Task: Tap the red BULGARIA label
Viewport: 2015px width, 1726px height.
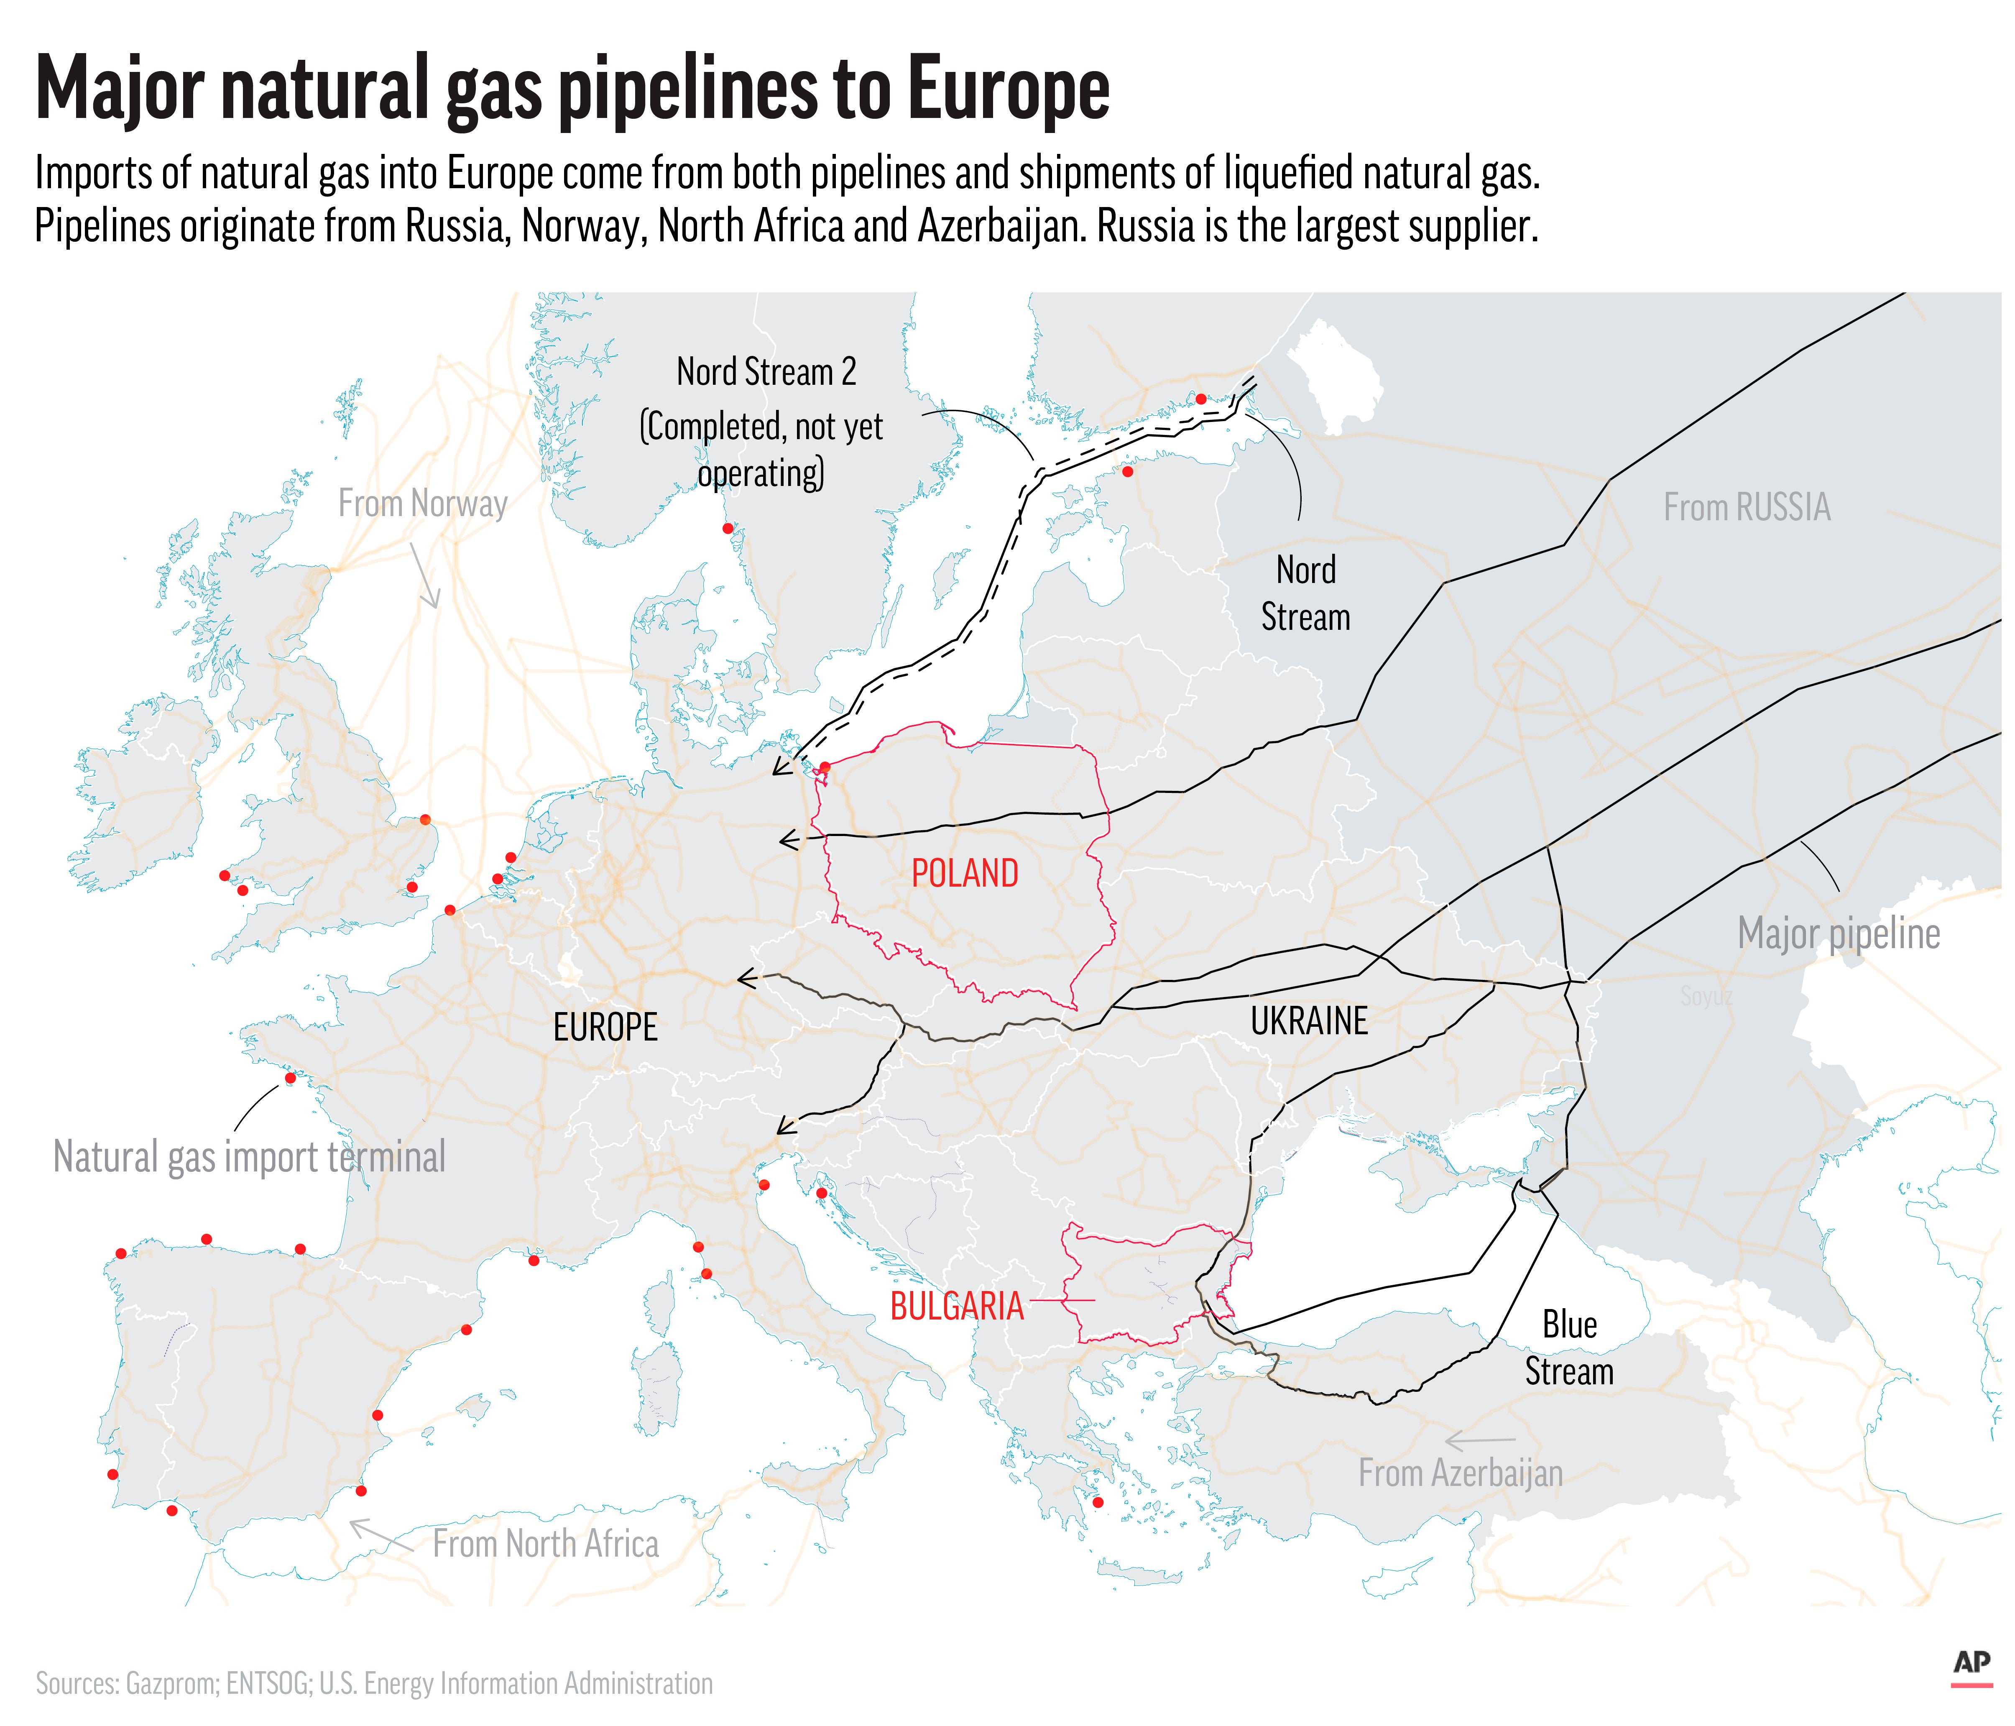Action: coord(957,1306)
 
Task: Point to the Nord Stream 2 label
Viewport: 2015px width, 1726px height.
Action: coord(766,372)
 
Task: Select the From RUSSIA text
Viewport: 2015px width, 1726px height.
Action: coord(1747,507)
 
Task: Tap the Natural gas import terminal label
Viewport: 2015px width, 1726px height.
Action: coord(249,1157)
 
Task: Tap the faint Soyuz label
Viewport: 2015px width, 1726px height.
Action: coord(1706,996)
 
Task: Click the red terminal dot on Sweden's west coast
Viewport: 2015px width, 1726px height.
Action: coord(728,528)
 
